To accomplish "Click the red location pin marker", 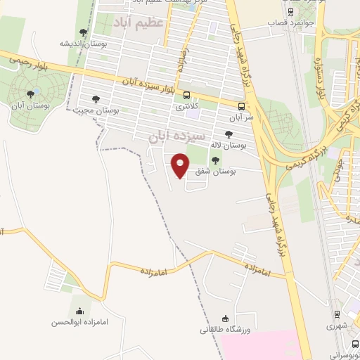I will point(181,164).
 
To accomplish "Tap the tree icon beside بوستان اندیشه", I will point(84,32).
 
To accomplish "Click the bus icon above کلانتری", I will point(186,95).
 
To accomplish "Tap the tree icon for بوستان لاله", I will point(228,134).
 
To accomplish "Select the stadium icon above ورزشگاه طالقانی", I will point(225,318).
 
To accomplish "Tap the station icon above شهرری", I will point(337,314).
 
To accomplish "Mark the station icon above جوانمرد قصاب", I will point(291,12).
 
